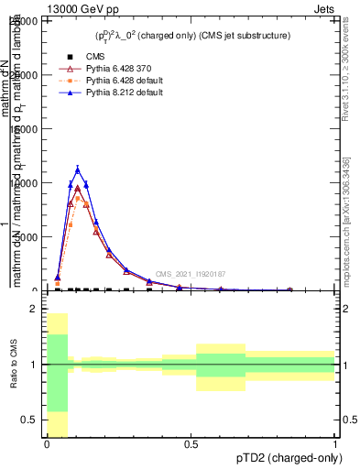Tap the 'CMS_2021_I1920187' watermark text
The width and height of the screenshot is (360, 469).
pos(190,274)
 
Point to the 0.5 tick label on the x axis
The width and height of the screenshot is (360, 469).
pos(191,444)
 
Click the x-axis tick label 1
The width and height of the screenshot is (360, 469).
pos(334,444)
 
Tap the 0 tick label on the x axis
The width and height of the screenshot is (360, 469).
pos(46,444)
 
